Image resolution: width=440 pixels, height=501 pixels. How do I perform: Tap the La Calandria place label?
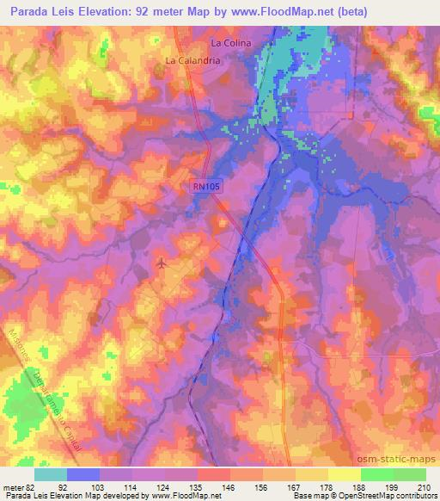192,61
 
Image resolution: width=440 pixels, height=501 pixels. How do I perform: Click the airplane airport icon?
162,263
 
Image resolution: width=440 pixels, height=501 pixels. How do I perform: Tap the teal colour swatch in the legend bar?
51,473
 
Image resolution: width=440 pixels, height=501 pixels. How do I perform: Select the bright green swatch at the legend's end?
410,473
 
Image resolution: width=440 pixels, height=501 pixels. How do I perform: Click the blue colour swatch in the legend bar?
83,473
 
